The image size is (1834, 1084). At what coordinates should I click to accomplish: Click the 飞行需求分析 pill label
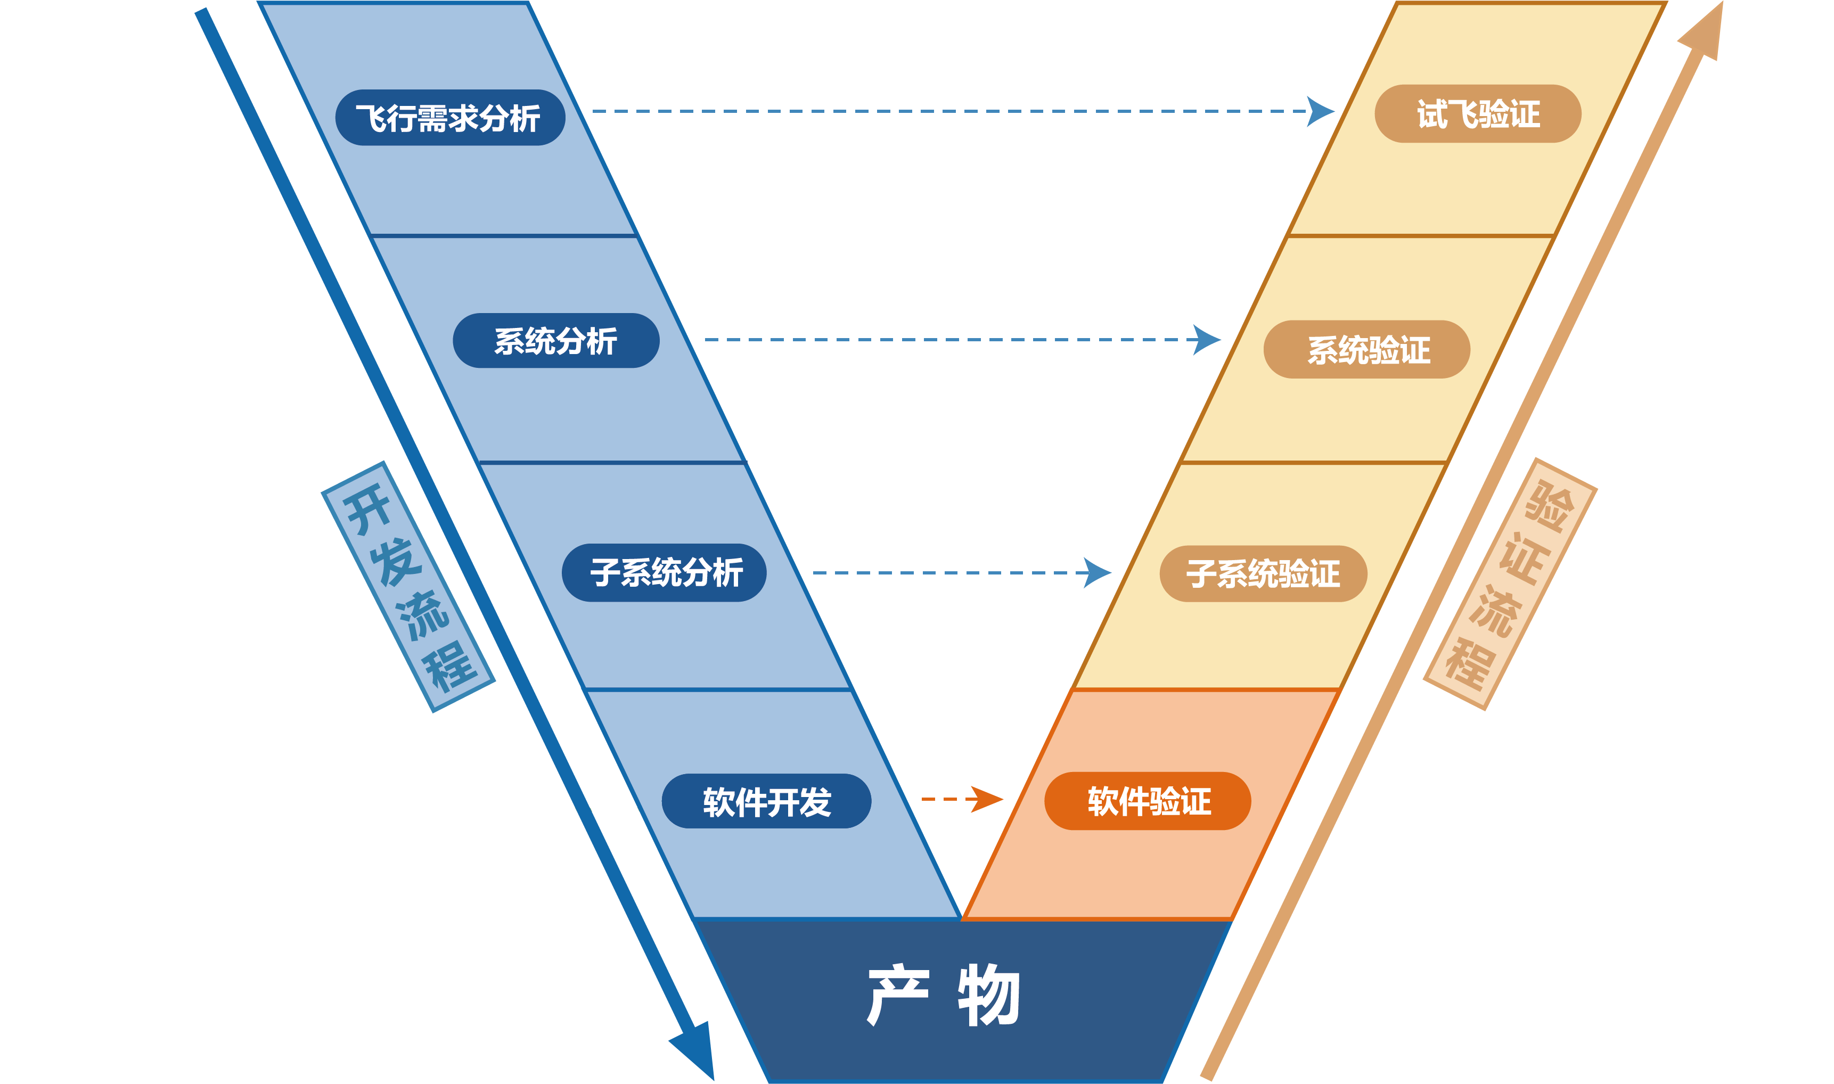coord(450,118)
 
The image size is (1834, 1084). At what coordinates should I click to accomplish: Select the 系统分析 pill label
coord(556,340)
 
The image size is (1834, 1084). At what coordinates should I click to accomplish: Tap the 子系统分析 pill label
coord(664,573)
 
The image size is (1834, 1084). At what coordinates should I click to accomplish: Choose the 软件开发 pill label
coord(766,801)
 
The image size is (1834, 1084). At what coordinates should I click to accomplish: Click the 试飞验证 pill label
coord(1478,114)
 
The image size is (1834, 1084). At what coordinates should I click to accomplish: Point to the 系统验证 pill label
coord(1366,349)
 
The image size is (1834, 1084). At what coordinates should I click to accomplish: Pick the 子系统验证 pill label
coord(1263,573)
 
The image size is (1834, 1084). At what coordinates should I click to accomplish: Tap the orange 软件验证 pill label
coord(1148,801)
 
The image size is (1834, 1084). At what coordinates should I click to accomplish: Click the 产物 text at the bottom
coord(943,995)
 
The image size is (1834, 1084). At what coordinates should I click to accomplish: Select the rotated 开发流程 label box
coord(408,587)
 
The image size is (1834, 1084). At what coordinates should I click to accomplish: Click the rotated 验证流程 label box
coord(1510,584)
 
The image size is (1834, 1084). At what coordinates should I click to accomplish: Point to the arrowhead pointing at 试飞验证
coord(1321,112)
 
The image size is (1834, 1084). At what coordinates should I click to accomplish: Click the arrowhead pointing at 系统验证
coord(1207,340)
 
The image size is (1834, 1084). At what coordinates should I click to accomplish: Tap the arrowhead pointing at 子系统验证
coord(1097,573)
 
